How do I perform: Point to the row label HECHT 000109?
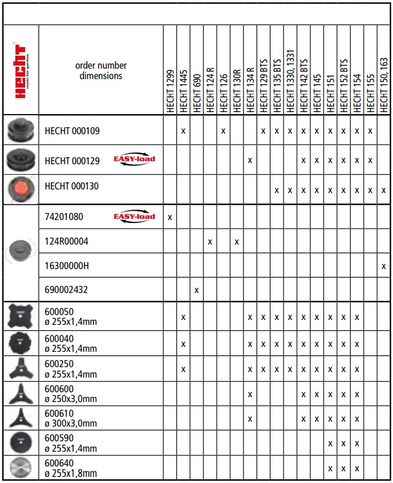coord(72,131)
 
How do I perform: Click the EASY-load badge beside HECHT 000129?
coord(135,159)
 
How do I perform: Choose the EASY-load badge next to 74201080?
coord(135,216)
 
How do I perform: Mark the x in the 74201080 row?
coord(170,217)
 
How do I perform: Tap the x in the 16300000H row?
coord(383,266)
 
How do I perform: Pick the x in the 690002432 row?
coord(196,290)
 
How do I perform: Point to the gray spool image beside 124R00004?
coord(21,252)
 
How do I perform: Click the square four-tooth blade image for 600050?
coord(21,316)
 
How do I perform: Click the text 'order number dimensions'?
coord(101,70)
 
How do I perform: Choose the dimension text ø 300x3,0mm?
coord(71,424)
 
